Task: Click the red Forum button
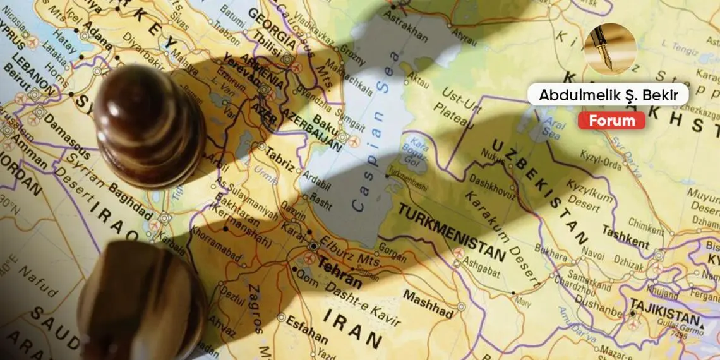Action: [x=611, y=121]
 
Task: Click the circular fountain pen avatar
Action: [x=610, y=49]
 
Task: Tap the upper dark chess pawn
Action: [x=148, y=126]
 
